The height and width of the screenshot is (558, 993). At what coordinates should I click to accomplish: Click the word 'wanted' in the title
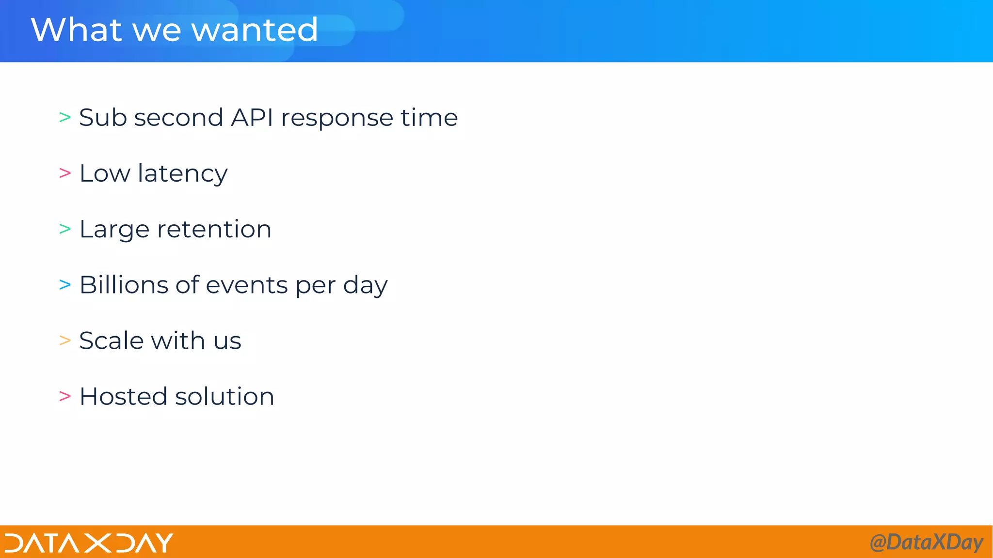click(255, 30)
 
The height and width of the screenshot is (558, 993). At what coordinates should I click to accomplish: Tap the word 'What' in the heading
click(76, 30)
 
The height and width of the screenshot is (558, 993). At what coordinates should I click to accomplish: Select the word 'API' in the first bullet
click(252, 118)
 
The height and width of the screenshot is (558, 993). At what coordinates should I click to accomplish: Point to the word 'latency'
click(182, 174)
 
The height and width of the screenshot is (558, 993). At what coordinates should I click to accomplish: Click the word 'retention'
click(214, 229)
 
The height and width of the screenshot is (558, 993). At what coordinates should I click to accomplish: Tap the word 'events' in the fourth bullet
click(247, 285)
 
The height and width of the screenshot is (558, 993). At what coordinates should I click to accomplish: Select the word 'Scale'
click(111, 341)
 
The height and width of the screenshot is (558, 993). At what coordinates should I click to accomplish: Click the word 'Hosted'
click(123, 396)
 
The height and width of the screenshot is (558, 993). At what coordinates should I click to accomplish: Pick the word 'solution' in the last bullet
click(224, 396)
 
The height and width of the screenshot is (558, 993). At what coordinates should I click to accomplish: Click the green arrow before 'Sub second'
click(65, 118)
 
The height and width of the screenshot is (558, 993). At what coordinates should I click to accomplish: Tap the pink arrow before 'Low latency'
click(65, 173)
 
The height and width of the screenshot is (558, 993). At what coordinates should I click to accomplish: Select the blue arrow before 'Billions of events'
click(65, 285)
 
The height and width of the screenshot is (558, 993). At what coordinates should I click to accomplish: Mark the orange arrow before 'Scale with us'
click(65, 341)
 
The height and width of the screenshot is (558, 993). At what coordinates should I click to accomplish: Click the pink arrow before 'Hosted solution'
click(65, 396)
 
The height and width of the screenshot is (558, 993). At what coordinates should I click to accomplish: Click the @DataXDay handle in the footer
click(926, 542)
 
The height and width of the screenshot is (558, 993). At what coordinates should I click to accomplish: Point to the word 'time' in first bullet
click(429, 118)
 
